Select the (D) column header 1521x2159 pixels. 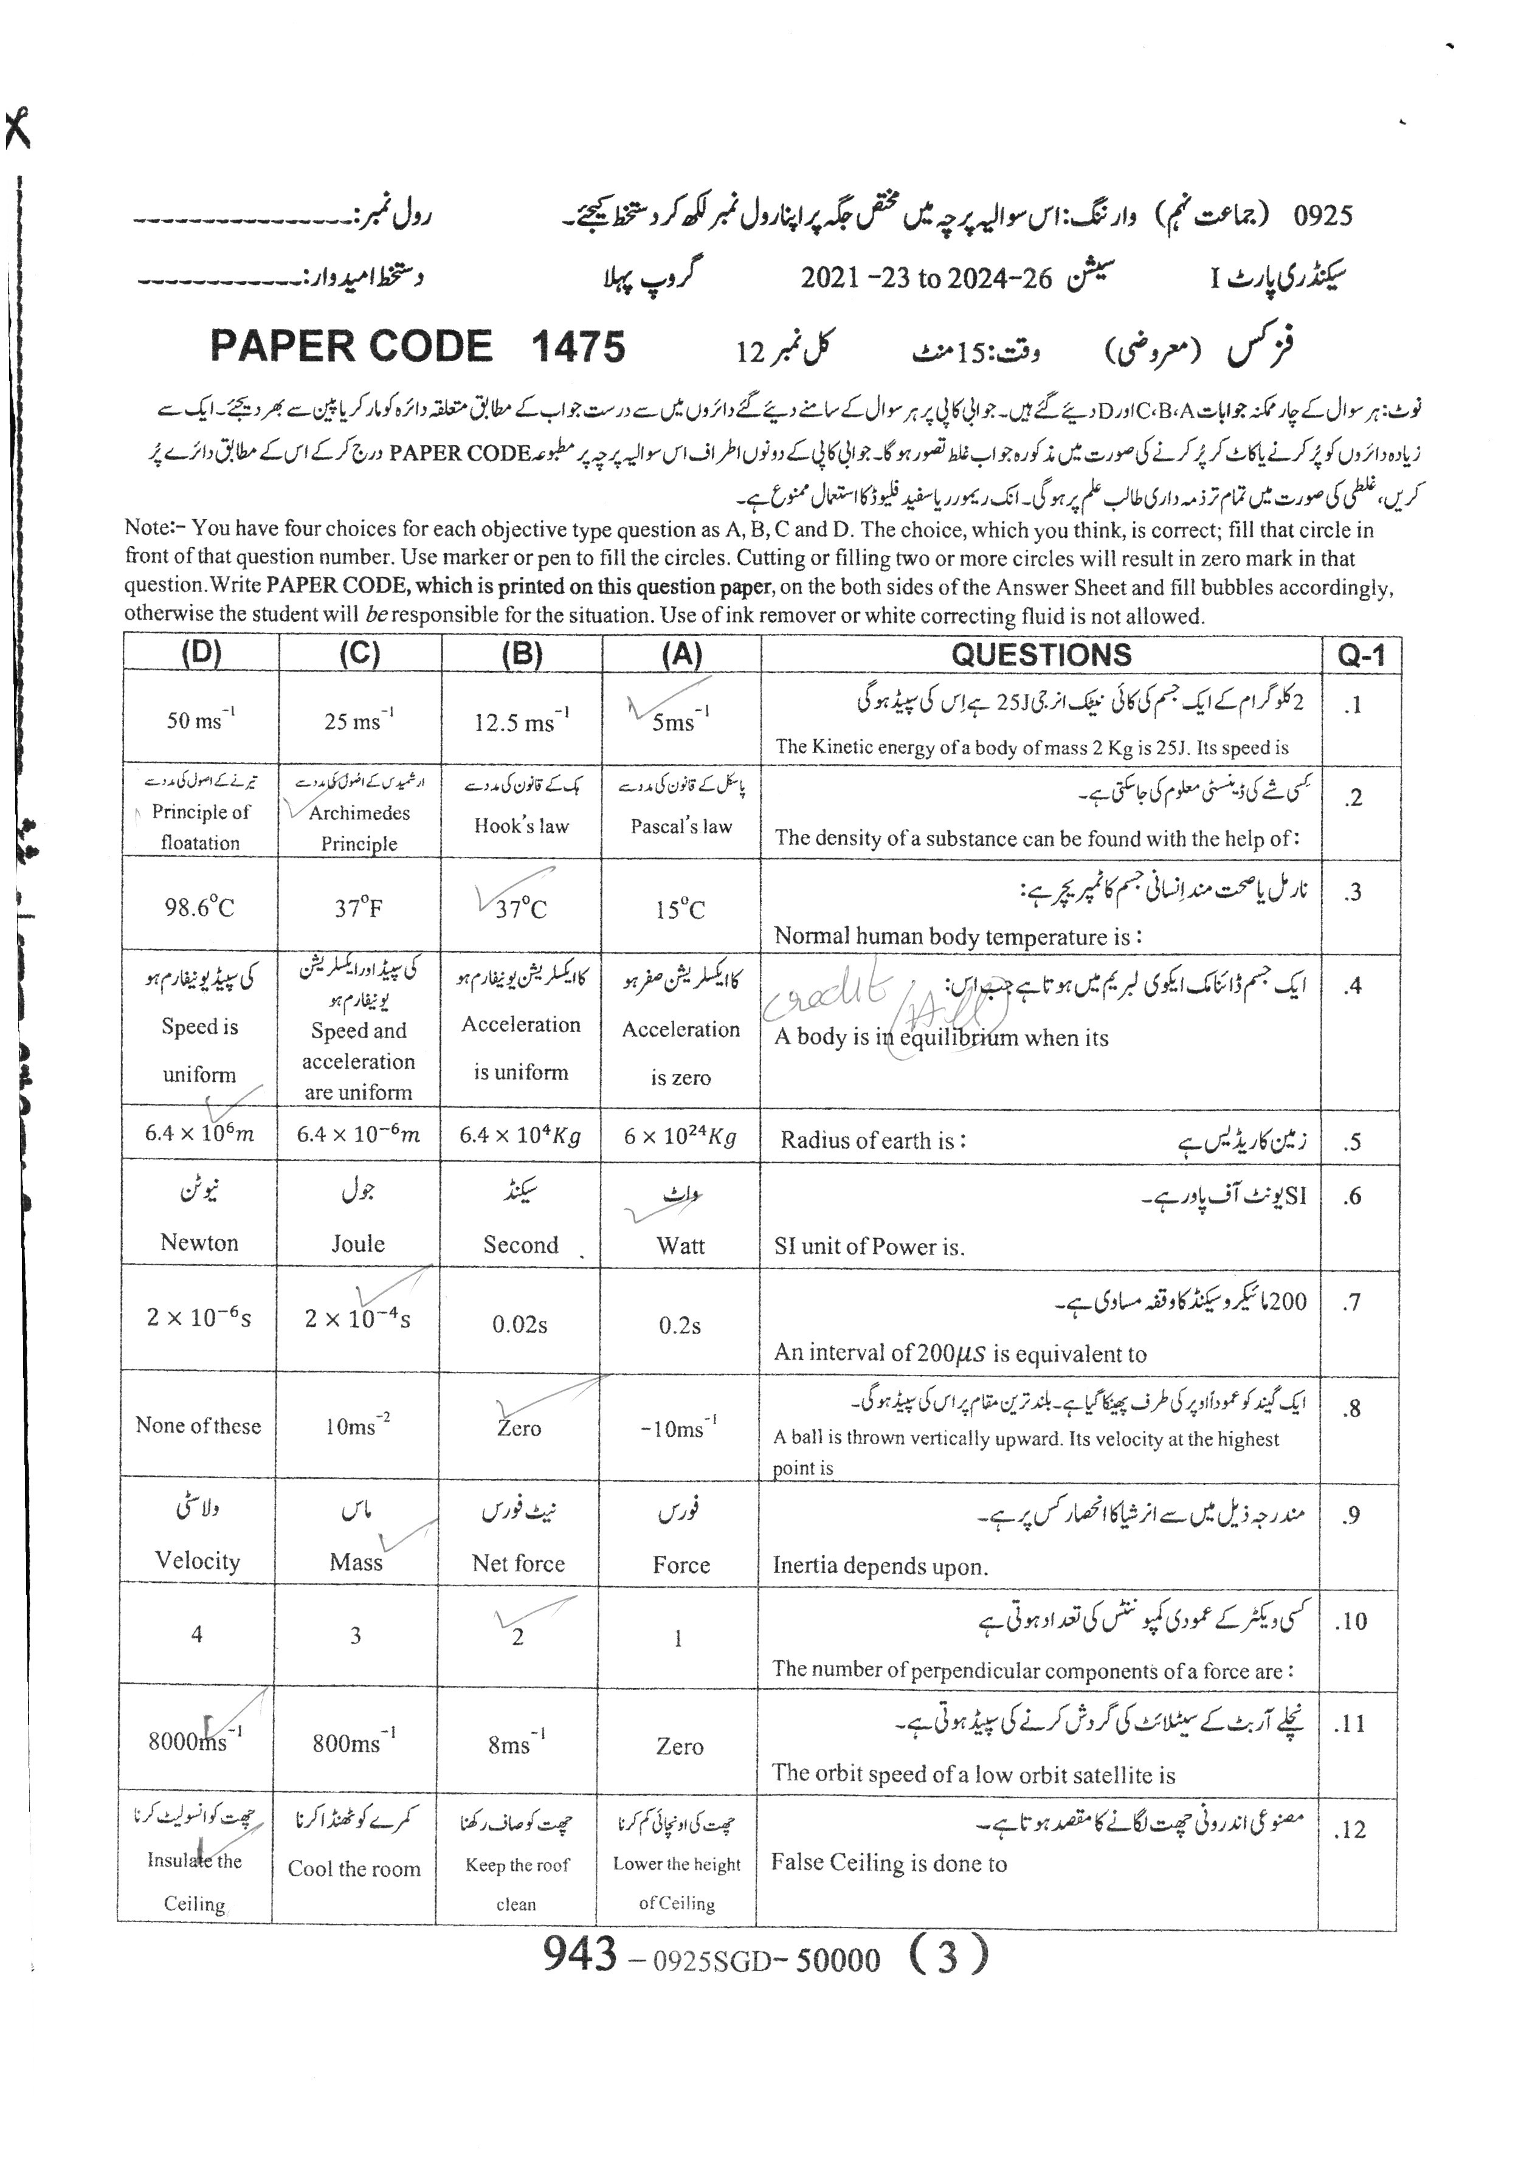(201, 655)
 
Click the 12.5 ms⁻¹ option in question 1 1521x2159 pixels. (521, 721)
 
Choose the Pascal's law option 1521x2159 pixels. (680, 827)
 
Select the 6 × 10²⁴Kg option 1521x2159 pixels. (679, 1136)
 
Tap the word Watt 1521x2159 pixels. (680, 1246)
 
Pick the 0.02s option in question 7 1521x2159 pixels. (519, 1325)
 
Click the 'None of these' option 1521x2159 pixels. (198, 1425)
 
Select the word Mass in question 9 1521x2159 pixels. (356, 1562)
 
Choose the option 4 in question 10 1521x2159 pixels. (196, 1634)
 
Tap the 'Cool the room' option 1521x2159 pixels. (354, 1868)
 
